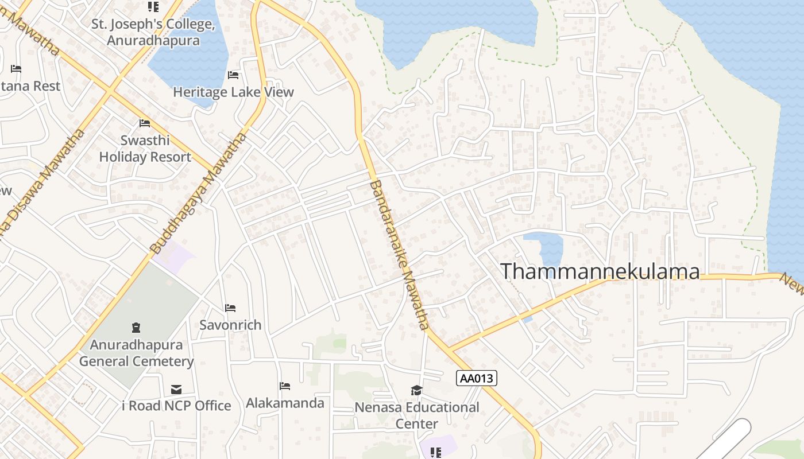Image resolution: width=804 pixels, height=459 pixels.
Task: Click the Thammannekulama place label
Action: click(x=601, y=271)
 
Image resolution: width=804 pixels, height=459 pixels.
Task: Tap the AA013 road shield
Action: click(x=477, y=378)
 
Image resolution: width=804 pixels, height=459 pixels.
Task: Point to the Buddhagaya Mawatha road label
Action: click(x=199, y=193)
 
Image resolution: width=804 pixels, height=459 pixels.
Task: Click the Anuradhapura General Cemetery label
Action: click(x=136, y=353)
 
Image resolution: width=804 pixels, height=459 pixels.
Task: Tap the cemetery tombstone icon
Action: click(x=136, y=328)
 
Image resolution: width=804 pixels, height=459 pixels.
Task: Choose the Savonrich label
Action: click(x=230, y=325)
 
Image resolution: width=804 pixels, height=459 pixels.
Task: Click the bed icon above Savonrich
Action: click(x=230, y=308)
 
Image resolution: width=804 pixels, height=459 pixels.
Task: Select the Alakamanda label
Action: click(x=285, y=403)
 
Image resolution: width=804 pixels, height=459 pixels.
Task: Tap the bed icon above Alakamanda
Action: click(x=284, y=386)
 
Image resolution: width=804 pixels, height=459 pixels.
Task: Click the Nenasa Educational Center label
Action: click(x=417, y=415)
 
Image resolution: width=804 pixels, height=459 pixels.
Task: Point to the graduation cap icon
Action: click(x=416, y=391)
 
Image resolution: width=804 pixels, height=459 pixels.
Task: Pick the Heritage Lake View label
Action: click(x=233, y=92)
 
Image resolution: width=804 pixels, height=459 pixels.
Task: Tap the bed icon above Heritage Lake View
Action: click(x=233, y=75)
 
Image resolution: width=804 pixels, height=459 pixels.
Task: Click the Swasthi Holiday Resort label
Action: click(x=145, y=149)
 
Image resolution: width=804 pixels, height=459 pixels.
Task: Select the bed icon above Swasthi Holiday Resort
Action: click(x=145, y=123)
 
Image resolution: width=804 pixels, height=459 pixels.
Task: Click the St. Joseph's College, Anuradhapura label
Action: click(x=153, y=33)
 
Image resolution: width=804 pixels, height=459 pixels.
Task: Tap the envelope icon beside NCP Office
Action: click(x=176, y=390)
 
